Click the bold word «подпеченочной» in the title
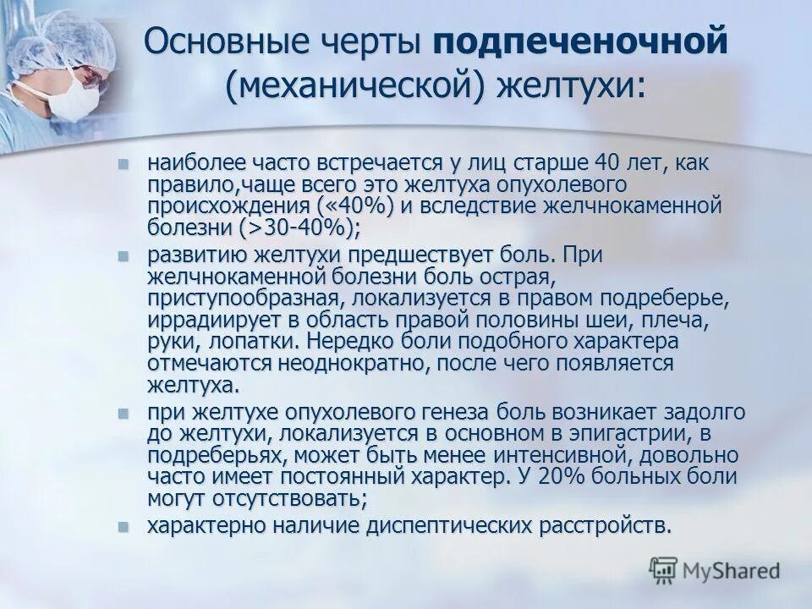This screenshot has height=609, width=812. tap(580, 42)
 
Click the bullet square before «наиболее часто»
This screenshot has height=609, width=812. tap(124, 163)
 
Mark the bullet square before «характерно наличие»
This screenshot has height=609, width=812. tap(124, 526)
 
